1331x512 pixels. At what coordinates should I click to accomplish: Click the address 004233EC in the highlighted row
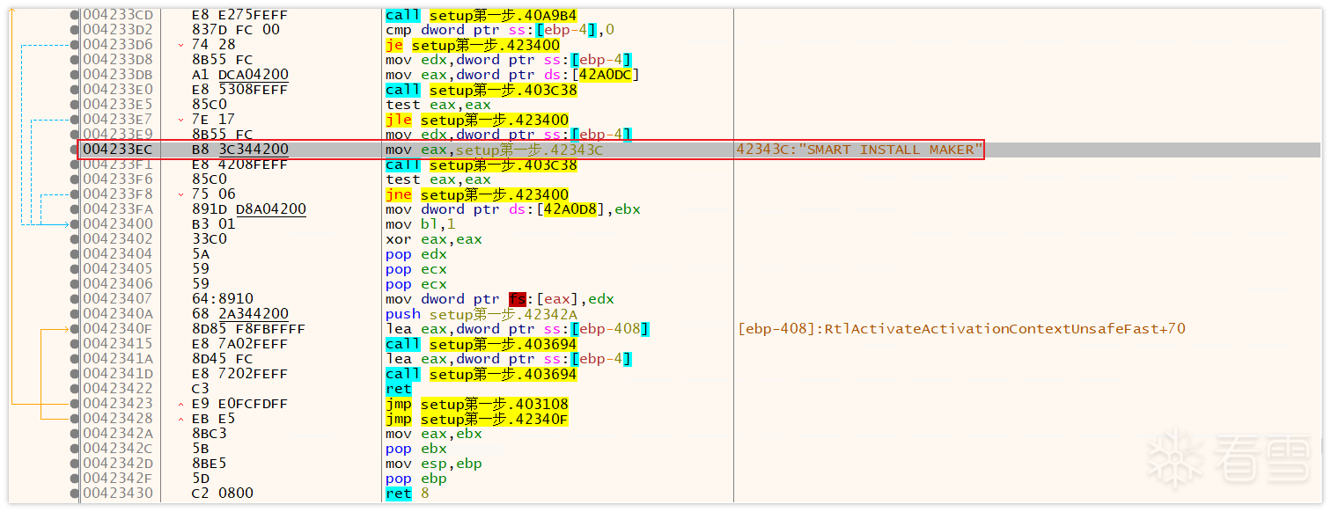tap(117, 150)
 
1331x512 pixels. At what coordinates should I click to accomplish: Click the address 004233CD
tap(117, 15)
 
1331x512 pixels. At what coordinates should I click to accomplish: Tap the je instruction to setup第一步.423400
tap(472, 45)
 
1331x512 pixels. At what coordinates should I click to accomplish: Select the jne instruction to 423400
tap(476, 194)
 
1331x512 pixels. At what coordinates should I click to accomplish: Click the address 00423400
tap(117, 224)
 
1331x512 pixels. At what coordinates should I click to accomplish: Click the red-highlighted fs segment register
tap(517, 299)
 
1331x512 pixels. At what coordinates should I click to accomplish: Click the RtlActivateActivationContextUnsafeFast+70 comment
tap(961, 329)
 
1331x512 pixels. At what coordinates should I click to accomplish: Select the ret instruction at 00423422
tap(398, 389)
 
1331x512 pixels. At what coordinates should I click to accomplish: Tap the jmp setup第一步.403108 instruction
tap(476, 404)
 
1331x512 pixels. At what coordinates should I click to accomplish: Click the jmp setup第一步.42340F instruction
tap(476, 419)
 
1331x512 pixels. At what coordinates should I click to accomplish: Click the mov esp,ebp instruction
tap(433, 464)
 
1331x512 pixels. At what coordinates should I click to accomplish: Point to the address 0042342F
tap(117, 479)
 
